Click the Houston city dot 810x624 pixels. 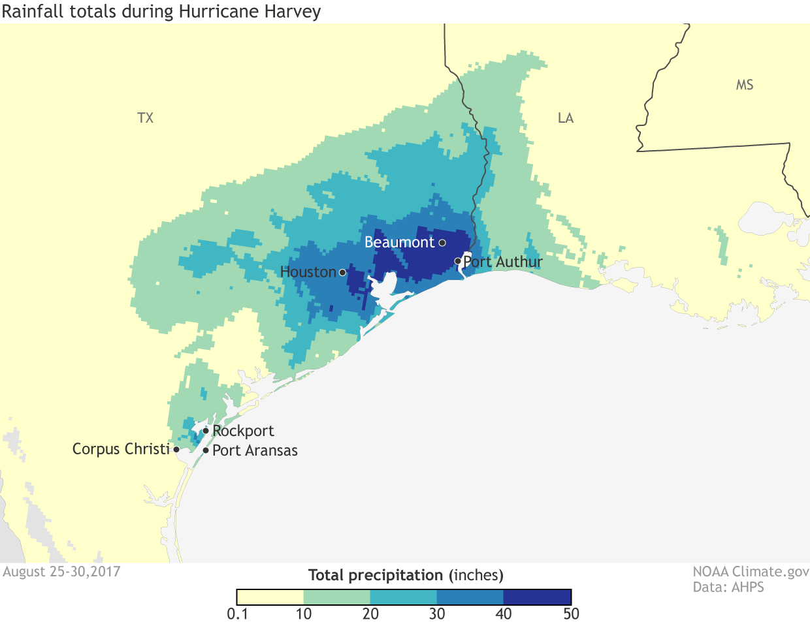pos(342,272)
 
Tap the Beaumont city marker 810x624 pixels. pos(442,243)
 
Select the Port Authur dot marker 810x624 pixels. pos(458,262)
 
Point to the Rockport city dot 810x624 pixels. pos(206,431)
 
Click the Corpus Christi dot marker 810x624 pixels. pos(176,450)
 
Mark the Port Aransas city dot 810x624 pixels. pos(206,450)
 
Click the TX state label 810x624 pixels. pos(146,118)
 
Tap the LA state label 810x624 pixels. pos(566,118)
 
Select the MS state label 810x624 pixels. pos(745,85)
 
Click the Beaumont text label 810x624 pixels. pos(399,242)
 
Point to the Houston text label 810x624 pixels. pos(308,272)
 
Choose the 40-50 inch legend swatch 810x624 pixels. pos(537,597)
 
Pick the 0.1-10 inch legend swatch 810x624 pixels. pos(270,597)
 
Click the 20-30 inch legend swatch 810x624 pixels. pos(404,597)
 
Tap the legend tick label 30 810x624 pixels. pos(437,614)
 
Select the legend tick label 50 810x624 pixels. pos(571,614)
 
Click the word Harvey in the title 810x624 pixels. pos(295,12)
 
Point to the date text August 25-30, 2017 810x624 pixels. pos(62,572)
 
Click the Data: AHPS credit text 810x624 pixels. pos(728,587)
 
